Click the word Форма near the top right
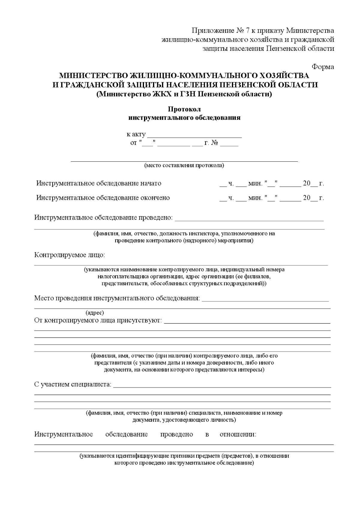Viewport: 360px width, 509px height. point(323,67)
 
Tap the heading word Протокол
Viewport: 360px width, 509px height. point(184,109)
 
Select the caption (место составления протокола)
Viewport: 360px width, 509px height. point(184,165)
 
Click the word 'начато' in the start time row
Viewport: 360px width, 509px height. point(151,183)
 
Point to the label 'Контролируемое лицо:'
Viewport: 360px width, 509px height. point(70,255)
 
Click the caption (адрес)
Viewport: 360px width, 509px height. point(95,313)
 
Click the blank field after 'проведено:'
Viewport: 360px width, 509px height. point(249,218)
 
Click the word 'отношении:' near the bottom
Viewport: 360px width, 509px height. point(238,434)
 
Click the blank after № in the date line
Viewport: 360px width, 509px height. point(229,144)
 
